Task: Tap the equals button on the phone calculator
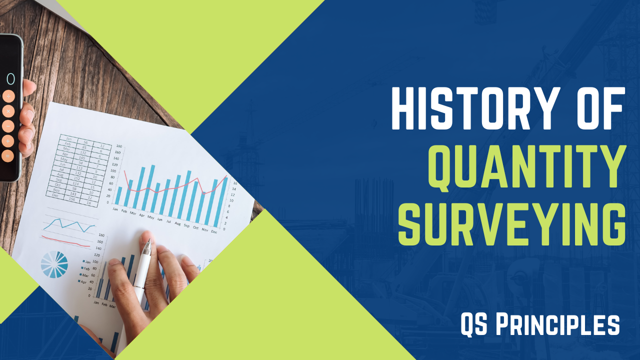[8, 155]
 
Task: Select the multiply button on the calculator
[8, 111]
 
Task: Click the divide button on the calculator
[8, 96]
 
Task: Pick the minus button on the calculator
[8, 126]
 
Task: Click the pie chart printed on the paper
[54, 264]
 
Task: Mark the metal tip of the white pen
[146, 247]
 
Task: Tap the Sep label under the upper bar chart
[186, 226]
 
